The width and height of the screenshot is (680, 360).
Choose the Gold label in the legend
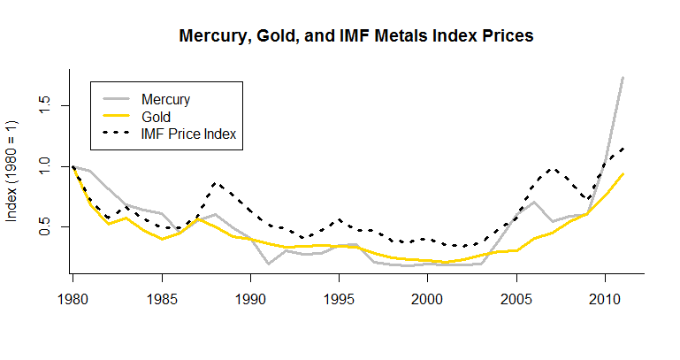156,116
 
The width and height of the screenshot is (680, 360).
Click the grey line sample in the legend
115,99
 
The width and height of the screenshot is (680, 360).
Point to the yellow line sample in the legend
115,116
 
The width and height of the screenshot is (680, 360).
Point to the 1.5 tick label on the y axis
42,106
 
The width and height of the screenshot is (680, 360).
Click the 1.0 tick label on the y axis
42,167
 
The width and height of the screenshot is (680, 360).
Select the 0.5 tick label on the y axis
42,227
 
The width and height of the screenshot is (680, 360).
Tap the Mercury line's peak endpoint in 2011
623,78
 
